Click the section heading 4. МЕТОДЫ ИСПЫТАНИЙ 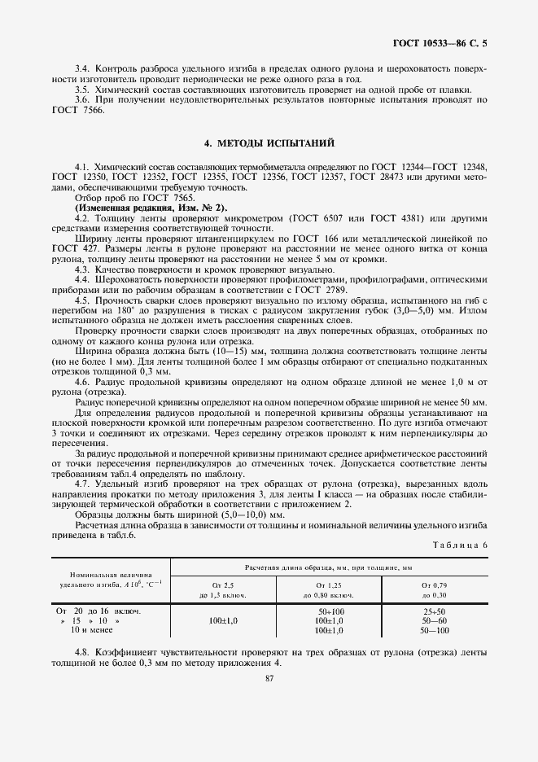click(x=269, y=143)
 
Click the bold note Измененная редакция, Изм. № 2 click(x=140, y=208)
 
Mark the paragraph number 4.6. click(x=83, y=382)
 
